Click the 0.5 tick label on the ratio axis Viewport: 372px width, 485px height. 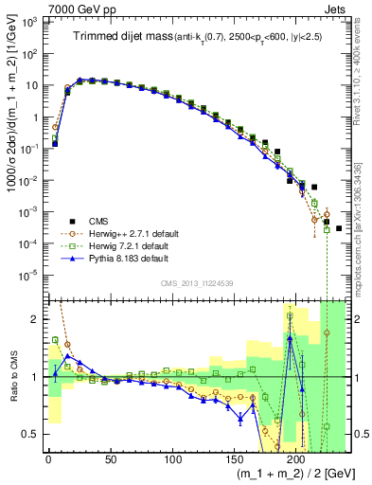pyautogui.click(x=31, y=434)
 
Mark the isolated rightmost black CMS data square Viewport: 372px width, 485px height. pyautogui.click(x=339, y=255)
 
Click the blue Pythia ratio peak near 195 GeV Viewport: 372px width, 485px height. pyautogui.click(x=290, y=339)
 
